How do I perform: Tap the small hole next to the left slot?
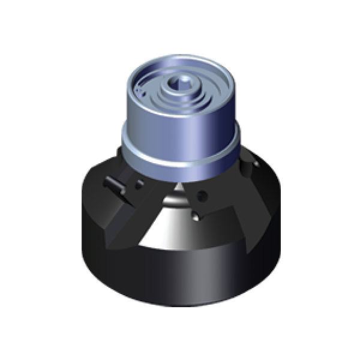pyautogui.click(x=139, y=184)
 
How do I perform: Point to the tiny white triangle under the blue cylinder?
pyautogui.click(x=178, y=188)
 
